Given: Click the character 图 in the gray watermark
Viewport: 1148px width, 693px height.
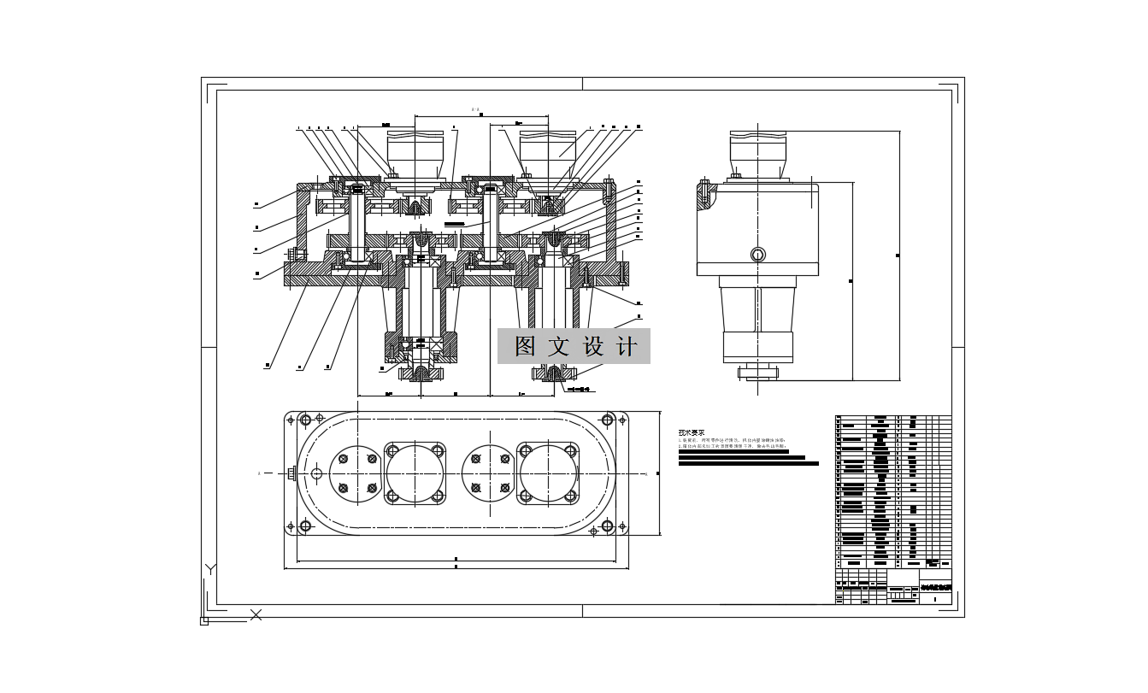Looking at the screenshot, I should [x=525, y=346].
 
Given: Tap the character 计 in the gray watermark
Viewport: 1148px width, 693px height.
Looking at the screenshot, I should [x=627, y=346].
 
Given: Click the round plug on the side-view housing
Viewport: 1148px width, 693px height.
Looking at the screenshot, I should [x=757, y=255].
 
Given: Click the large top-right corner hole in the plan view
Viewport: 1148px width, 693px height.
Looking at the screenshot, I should [x=608, y=420].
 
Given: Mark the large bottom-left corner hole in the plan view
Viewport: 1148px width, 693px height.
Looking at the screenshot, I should [x=304, y=528].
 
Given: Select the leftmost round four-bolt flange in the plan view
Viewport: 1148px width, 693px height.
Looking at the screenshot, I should [x=355, y=473].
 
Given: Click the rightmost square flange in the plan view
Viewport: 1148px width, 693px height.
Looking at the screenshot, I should [x=548, y=473].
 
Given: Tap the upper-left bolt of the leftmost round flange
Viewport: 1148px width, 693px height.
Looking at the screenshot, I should [x=341, y=459].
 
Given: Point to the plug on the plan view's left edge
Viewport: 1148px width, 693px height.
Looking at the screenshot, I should [x=292, y=473].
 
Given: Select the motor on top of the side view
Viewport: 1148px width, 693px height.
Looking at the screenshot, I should [x=758, y=154].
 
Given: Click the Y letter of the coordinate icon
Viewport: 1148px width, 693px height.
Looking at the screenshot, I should [x=211, y=569].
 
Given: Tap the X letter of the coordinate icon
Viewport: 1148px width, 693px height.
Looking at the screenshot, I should [x=256, y=614].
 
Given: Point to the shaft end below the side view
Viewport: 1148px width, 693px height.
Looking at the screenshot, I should [x=757, y=372].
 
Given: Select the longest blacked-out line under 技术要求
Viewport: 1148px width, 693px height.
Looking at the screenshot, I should [x=748, y=464].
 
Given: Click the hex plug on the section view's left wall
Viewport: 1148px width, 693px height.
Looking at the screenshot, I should [x=295, y=255].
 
